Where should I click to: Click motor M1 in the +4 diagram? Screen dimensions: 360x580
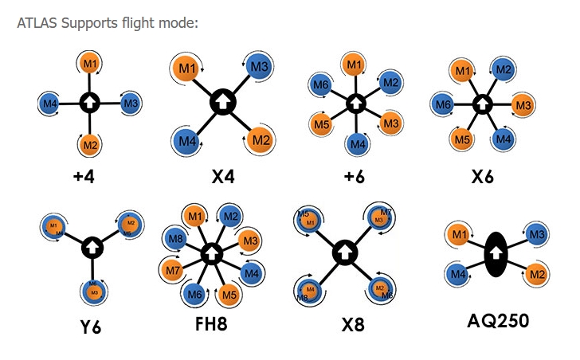[x=89, y=62]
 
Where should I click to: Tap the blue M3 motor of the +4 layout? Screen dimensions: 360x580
[x=131, y=103]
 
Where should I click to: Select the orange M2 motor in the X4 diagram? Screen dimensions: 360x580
[x=261, y=140]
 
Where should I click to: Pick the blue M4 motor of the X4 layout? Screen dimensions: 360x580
[x=187, y=141]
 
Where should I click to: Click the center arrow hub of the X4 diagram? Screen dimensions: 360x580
[x=224, y=103]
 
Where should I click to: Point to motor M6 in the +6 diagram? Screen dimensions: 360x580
[x=321, y=84]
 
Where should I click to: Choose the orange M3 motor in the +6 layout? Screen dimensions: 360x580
[x=390, y=123]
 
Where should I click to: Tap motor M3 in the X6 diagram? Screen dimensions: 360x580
[x=522, y=104]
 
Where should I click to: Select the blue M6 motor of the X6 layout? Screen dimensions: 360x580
[x=443, y=104]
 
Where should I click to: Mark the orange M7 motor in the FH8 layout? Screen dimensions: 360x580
[x=173, y=270]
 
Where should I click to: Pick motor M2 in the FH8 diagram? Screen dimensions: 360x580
[x=229, y=216]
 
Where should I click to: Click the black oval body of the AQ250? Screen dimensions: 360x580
[x=496, y=254]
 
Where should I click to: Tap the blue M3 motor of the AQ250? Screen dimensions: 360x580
[x=536, y=234]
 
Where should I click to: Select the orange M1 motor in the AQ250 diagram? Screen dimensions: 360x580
[x=458, y=234]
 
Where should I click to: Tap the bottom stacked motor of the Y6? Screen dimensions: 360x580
[x=93, y=291]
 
